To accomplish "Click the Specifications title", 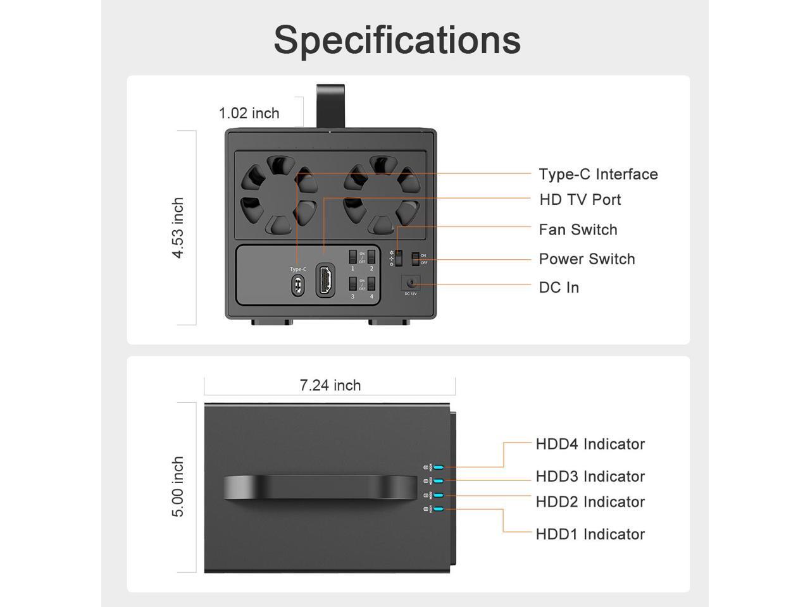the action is pyautogui.click(x=397, y=40).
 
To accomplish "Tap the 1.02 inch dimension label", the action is pyautogui.click(x=249, y=113).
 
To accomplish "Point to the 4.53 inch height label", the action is pyautogui.click(x=178, y=228).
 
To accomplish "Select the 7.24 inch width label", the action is pyautogui.click(x=330, y=385).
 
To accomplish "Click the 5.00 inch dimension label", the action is pyautogui.click(x=178, y=487).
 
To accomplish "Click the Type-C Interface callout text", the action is pyautogui.click(x=598, y=175).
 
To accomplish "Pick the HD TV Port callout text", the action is pyautogui.click(x=580, y=200).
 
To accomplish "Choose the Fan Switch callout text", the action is pyautogui.click(x=578, y=230).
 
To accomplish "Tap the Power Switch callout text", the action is pyautogui.click(x=587, y=259).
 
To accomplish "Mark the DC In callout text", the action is pyautogui.click(x=559, y=288).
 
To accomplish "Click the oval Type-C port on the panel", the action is pyautogui.click(x=297, y=286).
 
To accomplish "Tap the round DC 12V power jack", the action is pyautogui.click(x=411, y=283).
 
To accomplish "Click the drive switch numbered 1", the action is pyautogui.click(x=352, y=257).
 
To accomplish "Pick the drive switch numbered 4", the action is pyautogui.click(x=371, y=284).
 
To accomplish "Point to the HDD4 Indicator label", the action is pyautogui.click(x=590, y=444).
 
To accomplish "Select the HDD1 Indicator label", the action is pyautogui.click(x=590, y=534).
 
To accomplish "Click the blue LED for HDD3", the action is pyautogui.click(x=438, y=481).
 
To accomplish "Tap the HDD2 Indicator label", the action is pyautogui.click(x=590, y=502).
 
